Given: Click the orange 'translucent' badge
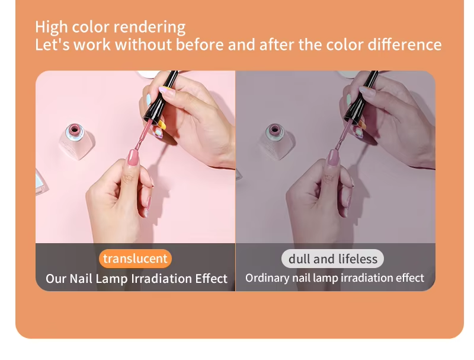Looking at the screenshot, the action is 135,259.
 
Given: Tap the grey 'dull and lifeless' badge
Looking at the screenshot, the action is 332,259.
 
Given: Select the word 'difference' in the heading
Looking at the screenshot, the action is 405,44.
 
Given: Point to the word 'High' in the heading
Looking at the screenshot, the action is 52,27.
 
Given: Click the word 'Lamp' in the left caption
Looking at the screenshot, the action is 112,279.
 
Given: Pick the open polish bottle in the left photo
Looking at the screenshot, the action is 76,141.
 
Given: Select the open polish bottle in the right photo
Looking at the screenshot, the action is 276,141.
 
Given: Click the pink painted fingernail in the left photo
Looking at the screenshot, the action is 133,157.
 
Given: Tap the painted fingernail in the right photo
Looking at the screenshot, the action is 333,157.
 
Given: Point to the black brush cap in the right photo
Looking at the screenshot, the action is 361,97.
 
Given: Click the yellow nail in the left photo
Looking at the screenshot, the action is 162,125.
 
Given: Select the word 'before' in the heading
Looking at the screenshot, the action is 200,44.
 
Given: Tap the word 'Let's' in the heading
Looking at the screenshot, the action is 52,44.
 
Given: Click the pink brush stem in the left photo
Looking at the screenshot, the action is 143,133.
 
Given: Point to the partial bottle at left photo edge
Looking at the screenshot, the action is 41,183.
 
